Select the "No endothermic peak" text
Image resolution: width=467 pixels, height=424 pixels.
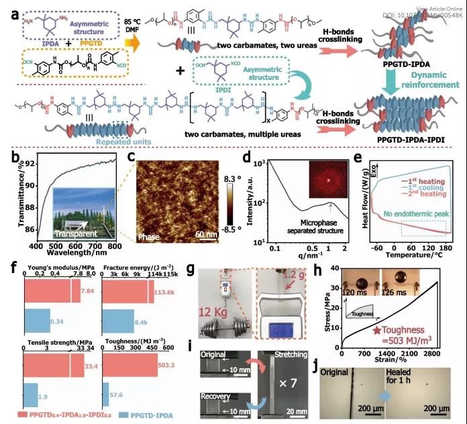tap(407, 215)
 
